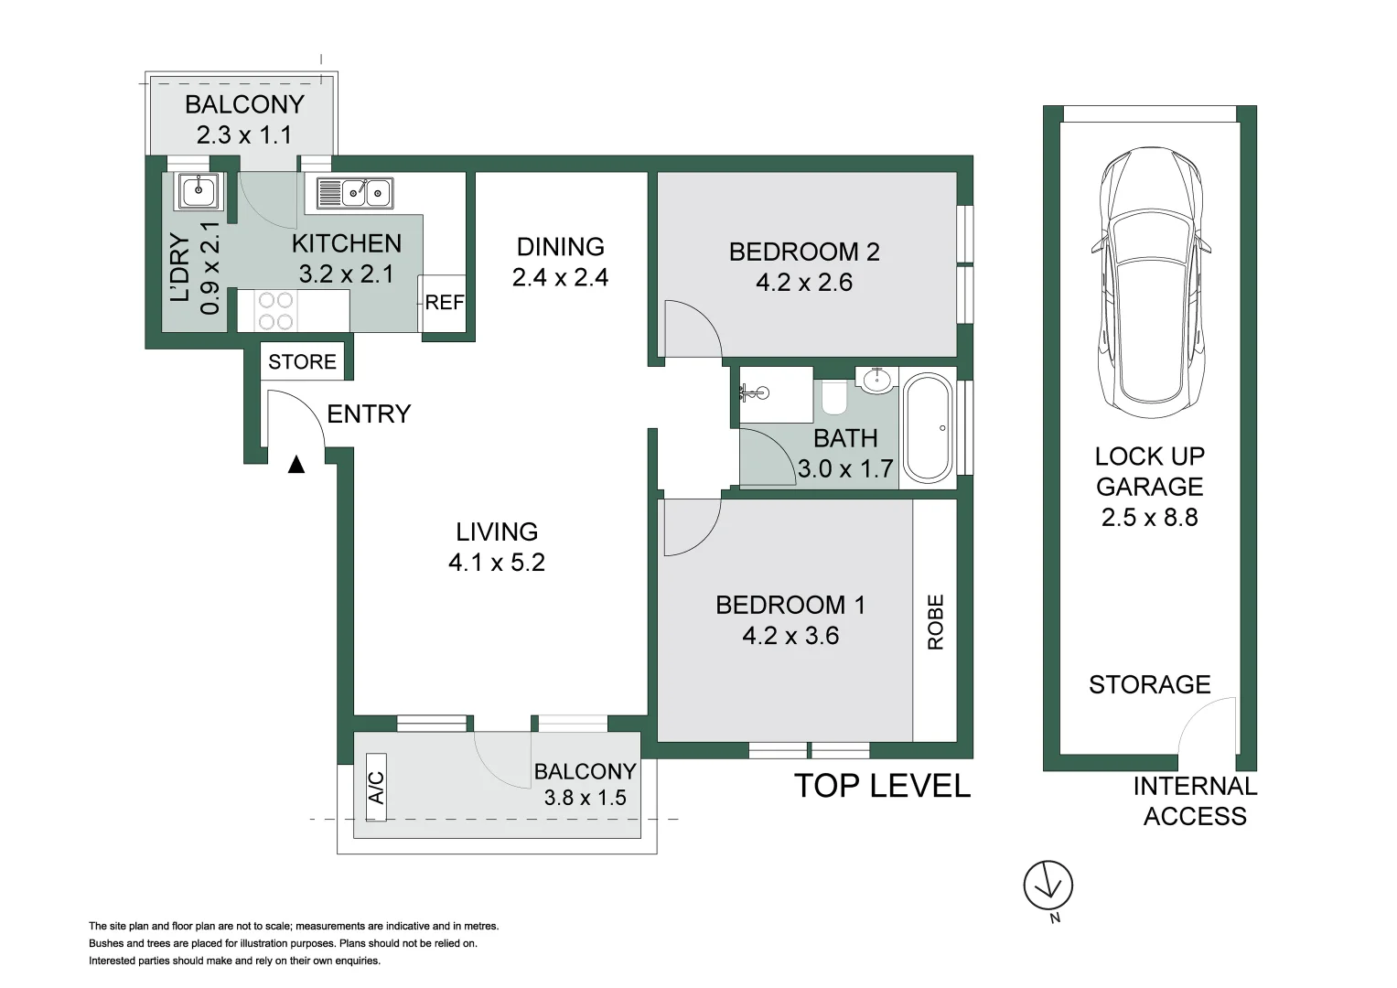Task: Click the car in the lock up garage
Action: (1151, 284)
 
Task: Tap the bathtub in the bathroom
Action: (928, 428)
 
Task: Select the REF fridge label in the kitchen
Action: (445, 303)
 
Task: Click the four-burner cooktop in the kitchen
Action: (275, 311)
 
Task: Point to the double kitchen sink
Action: (355, 193)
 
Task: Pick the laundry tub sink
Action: (199, 191)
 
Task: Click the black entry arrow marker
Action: (296, 465)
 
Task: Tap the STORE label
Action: (303, 361)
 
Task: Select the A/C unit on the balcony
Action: (376, 788)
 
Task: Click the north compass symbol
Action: (1048, 886)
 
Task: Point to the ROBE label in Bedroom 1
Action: (936, 622)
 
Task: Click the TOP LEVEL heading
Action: (883, 786)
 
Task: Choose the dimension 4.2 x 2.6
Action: (804, 283)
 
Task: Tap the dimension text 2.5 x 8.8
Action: (1149, 518)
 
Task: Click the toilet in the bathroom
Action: (833, 398)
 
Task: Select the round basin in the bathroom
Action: (876, 381)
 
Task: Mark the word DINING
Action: (561, 247)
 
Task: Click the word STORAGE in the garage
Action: (1150, 685)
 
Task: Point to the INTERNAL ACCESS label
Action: (1195, 801)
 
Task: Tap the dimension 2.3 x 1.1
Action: (244, 134)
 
